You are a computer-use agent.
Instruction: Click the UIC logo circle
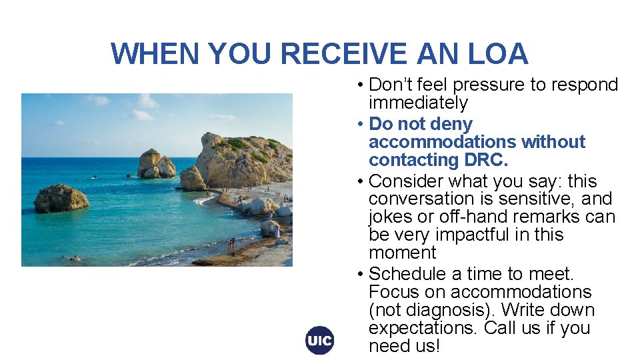319,341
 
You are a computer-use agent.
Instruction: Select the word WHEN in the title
155,54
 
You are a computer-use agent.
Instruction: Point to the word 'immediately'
418,103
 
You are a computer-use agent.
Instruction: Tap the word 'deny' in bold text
451,125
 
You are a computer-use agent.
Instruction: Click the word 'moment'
402,253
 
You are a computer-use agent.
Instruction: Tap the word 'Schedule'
407,274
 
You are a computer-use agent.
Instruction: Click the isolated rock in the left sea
61,199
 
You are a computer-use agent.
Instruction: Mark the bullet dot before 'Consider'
359,181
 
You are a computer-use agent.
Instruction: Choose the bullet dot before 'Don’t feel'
359,85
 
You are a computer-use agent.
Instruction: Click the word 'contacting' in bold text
411,161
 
